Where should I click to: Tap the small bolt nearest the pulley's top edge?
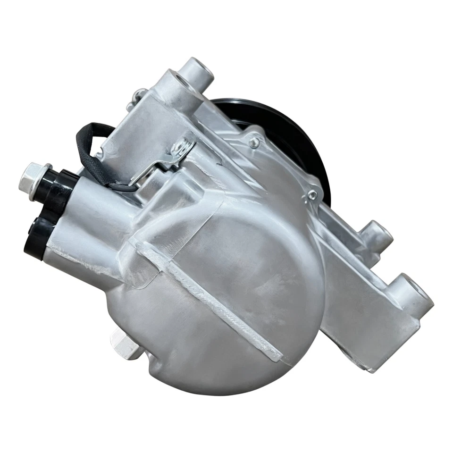(x=255, y=140)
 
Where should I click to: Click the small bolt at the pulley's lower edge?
(x=311, y=194)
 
